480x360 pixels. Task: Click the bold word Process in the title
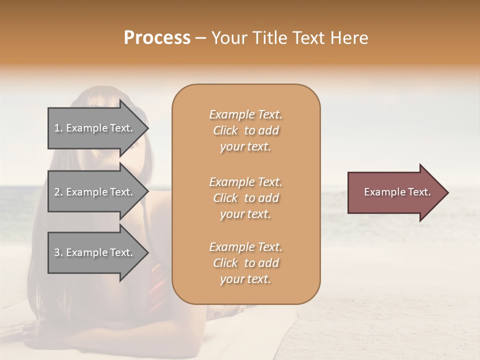[x=157, y=38]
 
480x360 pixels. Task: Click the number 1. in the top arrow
[x=58, y=128]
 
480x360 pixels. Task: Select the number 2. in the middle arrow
[x=58, y=192]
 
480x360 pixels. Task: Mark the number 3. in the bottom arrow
[x=58, y=252]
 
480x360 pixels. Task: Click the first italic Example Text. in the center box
[x=245, y=114]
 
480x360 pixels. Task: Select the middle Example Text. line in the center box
[x=245, y=181]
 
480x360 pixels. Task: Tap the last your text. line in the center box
[x=245, y=279]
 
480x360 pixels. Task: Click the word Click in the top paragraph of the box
[x=225, y=130]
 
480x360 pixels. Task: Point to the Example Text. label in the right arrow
[x=397, y=192]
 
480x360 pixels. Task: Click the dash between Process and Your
[x=200, y=38]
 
